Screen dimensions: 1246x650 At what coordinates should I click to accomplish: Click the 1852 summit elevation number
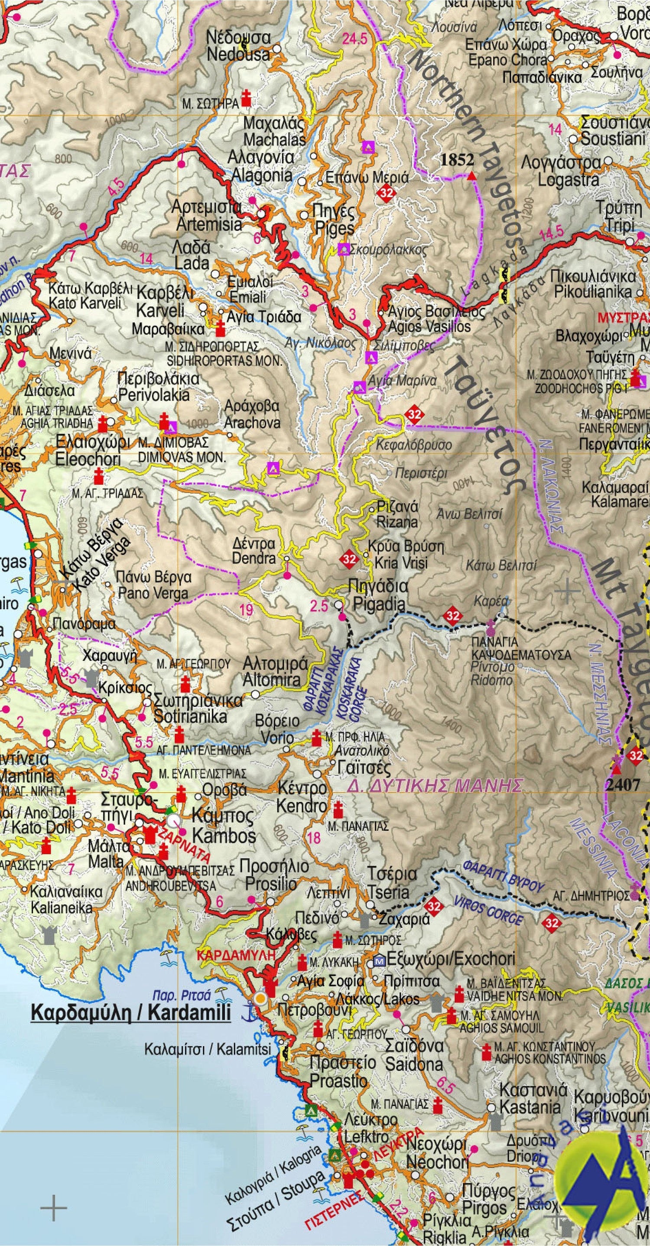click(457, 159)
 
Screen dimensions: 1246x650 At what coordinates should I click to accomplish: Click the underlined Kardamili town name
click(130, 1012)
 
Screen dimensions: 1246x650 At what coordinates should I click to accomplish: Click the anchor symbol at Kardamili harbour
click(247, 1012)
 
